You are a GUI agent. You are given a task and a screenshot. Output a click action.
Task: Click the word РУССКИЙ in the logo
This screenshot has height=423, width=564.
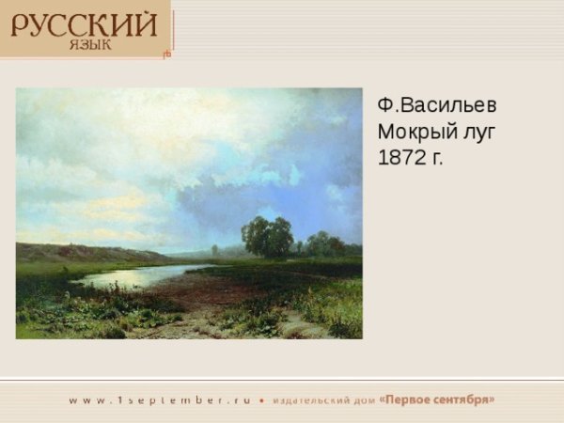tap(84, 23)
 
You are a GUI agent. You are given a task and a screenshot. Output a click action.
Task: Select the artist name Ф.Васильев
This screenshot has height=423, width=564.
tap(437, 104)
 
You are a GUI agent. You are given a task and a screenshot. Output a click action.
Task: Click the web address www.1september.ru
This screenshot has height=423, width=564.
tap(160, 399)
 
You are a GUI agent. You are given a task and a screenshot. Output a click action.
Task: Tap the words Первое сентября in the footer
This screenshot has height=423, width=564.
tap(437, 399)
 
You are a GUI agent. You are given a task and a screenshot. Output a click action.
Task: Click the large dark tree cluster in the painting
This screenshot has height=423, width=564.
tap(267, 236)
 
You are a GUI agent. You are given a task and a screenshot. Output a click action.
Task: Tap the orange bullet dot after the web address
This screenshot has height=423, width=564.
tap(262, 399)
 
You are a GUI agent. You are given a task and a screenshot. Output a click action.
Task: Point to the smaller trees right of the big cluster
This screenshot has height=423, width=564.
tap(324, 244)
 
